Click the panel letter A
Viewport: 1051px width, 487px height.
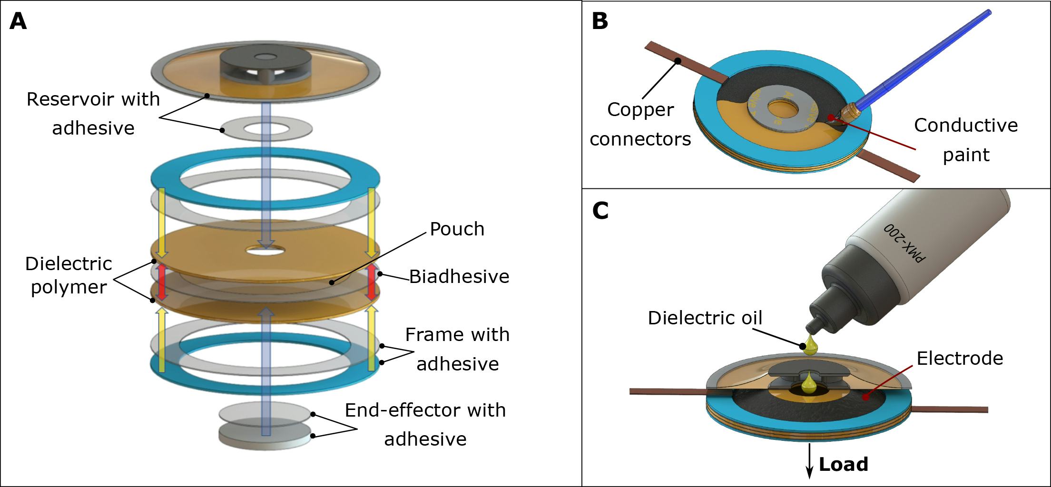[x=18, y=21]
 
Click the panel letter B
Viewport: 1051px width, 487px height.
[x=600, y=21]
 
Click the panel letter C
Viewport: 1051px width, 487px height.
[x=600, y=211]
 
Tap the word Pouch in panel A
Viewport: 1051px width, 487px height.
[x=457, y=229]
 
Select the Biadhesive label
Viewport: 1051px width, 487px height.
[x=459, y=277]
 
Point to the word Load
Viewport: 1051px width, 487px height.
[x=843, y=464]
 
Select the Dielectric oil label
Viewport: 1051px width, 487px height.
[x=705, y=318]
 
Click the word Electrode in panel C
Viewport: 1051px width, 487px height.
[x=960, y=358]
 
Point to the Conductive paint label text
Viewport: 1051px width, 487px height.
[x=965, y=140]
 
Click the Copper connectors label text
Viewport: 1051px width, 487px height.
[x=640, y=124]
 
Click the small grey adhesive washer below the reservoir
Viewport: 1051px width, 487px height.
[x=266, y=129]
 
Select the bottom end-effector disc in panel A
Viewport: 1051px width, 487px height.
[x=265, y=437]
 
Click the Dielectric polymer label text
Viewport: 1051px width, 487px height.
[x=69, y=275]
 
